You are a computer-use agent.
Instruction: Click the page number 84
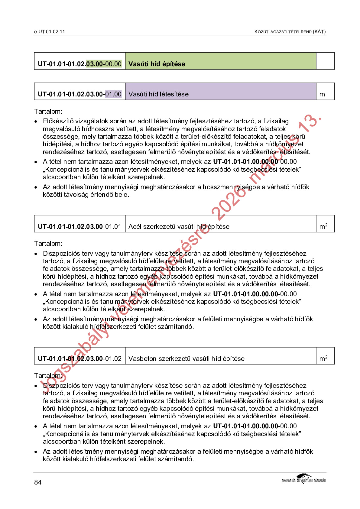[38, 482]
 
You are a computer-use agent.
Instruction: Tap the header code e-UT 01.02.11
[50, 32]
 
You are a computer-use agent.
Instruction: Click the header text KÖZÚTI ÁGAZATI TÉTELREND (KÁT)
[290, 32]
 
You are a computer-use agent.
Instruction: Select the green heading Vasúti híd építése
[157, 64]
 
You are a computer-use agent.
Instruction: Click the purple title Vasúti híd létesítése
[158, 94]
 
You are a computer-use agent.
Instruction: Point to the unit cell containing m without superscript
[322, 94]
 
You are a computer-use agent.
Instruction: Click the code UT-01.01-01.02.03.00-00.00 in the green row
[79, 64]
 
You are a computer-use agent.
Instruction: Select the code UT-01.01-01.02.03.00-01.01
[79, 227]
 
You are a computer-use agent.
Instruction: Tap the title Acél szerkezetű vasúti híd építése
[179, 227]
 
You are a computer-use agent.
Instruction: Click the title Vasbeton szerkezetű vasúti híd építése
[186, 359]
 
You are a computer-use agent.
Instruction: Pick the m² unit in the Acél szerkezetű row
[323, 226]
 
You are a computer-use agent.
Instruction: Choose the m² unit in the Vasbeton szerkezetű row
[323, 359]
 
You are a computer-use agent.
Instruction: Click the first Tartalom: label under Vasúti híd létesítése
[48, 111]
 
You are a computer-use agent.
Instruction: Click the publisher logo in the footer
[304, 479]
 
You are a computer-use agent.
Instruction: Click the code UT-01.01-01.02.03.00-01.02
[79, 359]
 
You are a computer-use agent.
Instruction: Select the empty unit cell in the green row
[325, 61]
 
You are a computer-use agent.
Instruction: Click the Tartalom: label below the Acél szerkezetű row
[48, 244]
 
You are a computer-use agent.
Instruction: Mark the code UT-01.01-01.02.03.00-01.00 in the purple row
[79, 94]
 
